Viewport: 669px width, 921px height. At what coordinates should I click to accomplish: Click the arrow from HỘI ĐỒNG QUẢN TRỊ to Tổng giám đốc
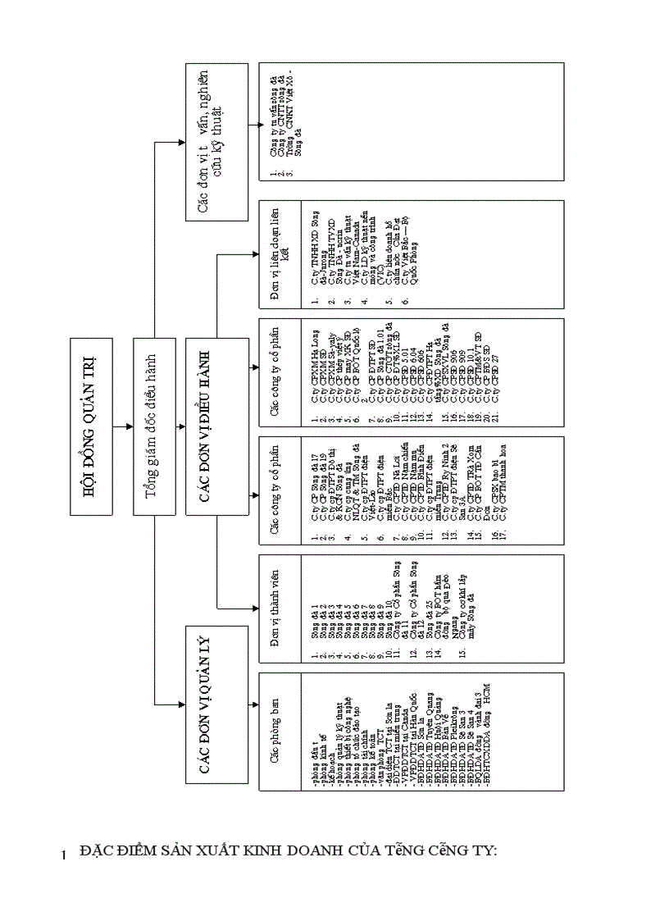[x=123, y=427]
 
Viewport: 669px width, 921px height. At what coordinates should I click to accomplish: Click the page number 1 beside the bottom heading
[x=63, y=857]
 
